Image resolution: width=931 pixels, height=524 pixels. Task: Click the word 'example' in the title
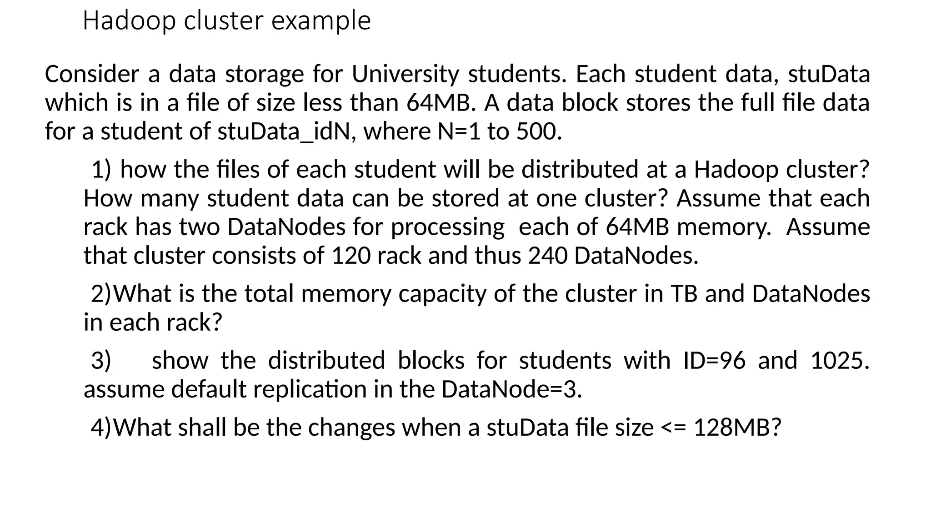coord(321,21)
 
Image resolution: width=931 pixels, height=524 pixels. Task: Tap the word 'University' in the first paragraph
coord(405,74)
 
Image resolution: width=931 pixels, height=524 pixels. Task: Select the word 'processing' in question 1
coord(448,227)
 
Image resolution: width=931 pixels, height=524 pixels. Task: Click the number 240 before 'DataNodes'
coord(547,256)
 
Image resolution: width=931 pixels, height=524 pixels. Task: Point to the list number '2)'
coord(101,294)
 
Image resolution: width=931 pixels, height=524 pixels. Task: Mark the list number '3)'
coord(101,361)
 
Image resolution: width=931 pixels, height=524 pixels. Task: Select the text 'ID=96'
coord(714,361)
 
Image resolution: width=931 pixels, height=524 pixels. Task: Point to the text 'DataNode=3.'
coord(511,389)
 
